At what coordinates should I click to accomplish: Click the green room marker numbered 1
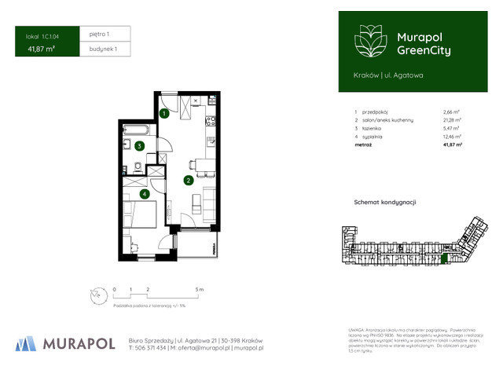[x=163, y=113]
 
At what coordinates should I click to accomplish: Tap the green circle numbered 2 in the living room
[x=189, y=180]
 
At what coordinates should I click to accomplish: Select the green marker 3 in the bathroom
[x=138, y=145]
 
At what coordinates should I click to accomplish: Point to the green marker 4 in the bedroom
[x=144, y=194]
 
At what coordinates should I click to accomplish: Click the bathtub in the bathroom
[x=137, y=130]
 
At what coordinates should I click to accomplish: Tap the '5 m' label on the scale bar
[x=200, y=290]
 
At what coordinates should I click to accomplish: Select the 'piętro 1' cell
[x=99, y=35]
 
